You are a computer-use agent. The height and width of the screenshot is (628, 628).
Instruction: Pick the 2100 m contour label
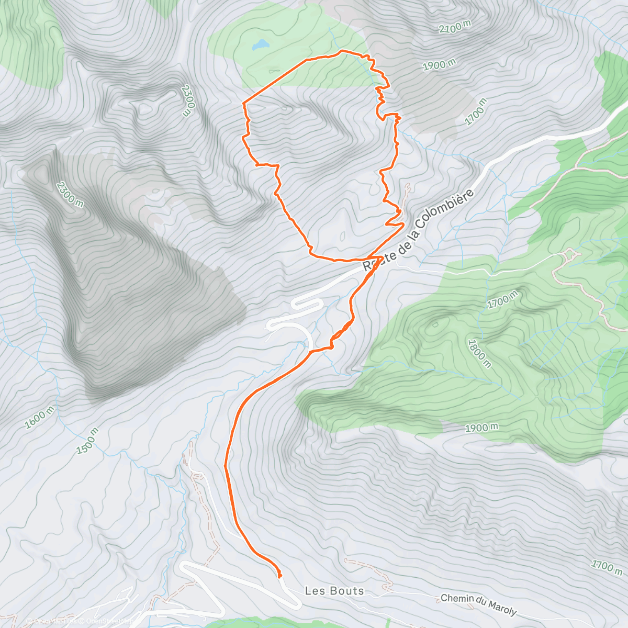click(x=455, y=27)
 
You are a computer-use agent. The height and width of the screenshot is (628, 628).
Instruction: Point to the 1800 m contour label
click(x=479, y=353)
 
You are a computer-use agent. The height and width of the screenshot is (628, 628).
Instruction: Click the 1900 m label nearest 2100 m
click(x=439, y=65)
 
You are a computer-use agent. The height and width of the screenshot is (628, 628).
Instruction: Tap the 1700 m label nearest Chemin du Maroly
click(x=607, y=566)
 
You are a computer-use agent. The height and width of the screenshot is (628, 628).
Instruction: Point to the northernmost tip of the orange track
click(x=342, y=50)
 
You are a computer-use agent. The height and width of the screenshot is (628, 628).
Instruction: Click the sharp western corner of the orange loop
click(x=244, y=104)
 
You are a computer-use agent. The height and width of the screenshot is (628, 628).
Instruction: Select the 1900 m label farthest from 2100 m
click(x=481, y=428)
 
